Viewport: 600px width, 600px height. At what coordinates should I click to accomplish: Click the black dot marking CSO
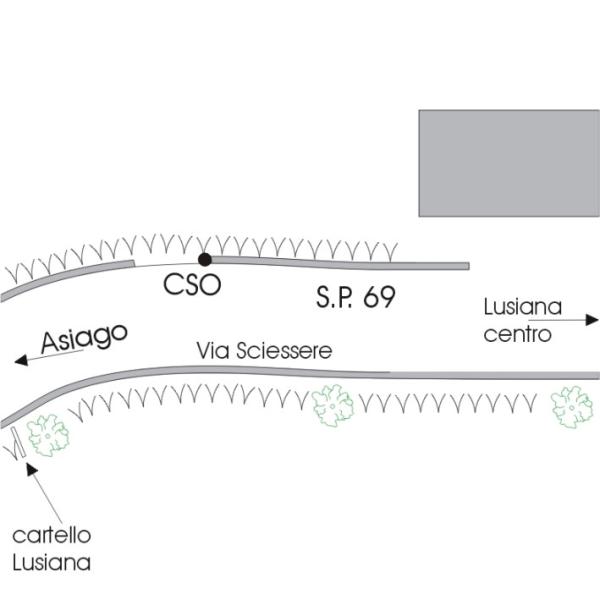(x=205, y=259)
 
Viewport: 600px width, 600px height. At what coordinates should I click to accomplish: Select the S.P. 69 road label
(x=355, y=297)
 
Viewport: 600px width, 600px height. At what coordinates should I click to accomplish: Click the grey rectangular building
(x=508, y=163)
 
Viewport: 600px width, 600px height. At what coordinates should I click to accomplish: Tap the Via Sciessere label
(x=264, y=351)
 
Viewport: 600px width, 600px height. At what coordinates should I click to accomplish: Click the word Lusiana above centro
(x=522, y=305)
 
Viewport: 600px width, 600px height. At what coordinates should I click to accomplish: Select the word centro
(x=517, y=333)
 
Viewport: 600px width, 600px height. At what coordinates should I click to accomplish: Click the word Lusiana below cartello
(x=51, y=562)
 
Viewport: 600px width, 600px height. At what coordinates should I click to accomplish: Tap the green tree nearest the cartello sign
(x=45, y=435)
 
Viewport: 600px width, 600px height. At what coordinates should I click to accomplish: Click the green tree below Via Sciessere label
(x=330, y=404)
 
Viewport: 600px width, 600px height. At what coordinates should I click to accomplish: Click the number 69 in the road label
(x=379, y=297)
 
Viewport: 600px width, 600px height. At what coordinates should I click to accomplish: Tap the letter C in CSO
(x=173, y=285)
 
